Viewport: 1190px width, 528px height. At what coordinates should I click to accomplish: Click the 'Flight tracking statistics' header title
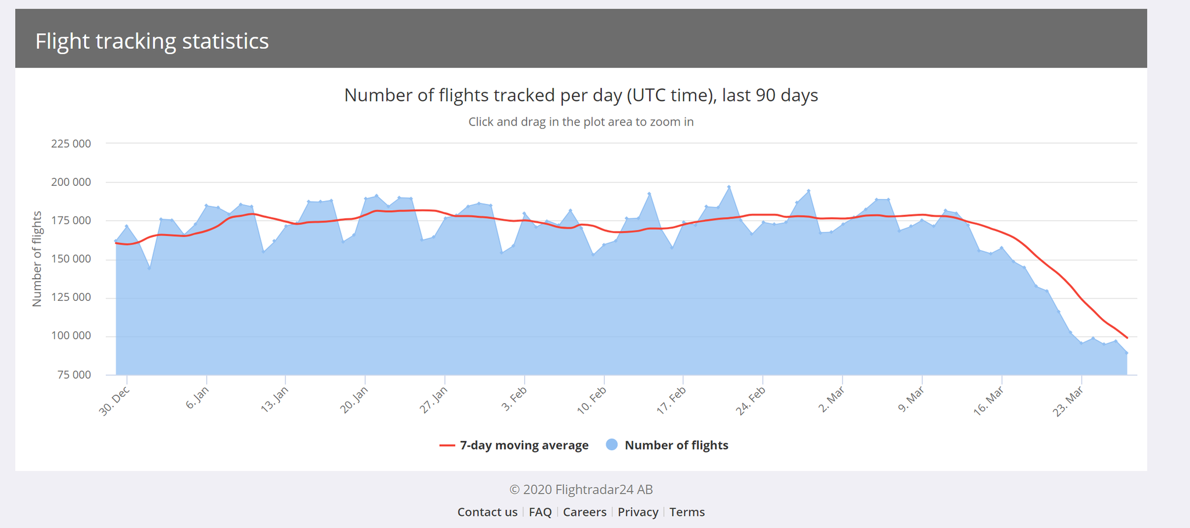152,41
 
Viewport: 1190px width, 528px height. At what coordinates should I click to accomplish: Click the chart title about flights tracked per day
581,95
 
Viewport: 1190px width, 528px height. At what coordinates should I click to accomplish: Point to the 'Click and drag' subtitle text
581,122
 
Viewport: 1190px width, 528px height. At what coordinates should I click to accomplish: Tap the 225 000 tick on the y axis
71,143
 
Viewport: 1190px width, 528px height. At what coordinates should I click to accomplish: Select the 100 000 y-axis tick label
71,336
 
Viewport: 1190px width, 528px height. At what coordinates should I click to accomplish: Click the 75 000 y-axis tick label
74,375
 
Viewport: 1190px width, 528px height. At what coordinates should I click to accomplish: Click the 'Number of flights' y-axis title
37,259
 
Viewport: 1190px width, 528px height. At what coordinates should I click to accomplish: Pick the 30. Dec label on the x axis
115,400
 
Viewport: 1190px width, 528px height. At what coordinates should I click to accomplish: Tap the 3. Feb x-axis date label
515,399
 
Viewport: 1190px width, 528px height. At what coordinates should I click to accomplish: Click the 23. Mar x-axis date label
1069,401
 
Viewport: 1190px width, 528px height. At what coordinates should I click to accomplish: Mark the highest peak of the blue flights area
729,187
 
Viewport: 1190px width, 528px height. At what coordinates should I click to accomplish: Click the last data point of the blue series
1127,353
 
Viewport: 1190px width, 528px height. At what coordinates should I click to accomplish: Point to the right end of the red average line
1127,337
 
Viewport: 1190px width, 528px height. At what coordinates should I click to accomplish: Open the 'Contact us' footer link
487,512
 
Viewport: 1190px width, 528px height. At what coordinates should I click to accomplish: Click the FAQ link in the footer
540,512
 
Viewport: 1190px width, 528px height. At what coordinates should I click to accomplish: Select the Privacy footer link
637,512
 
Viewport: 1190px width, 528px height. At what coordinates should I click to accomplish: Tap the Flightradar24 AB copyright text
581,490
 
